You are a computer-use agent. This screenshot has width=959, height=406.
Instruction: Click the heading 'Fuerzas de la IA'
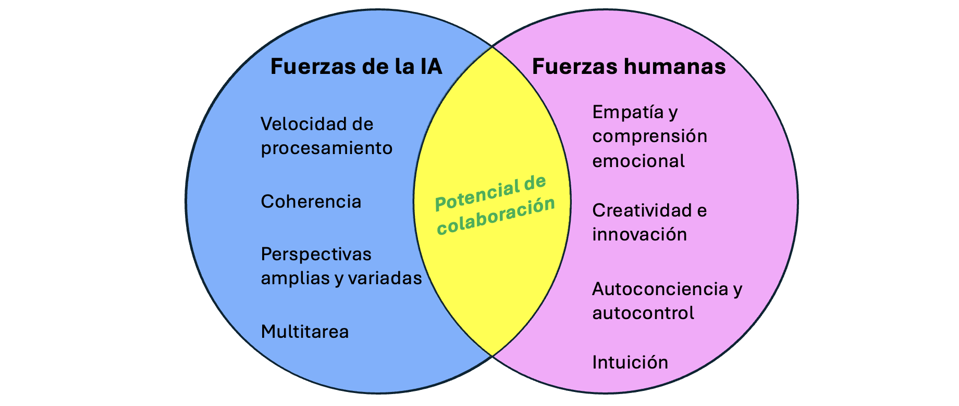356,67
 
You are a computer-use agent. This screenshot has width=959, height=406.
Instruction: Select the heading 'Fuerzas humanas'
629,67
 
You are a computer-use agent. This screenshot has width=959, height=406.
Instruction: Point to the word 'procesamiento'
326,148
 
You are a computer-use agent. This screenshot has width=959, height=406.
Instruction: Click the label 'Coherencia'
311,201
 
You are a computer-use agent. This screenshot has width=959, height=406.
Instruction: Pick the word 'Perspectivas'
316,254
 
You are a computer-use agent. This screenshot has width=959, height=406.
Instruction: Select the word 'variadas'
385,278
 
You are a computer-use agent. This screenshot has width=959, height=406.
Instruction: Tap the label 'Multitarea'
305,332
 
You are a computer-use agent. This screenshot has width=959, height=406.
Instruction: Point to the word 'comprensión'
650,136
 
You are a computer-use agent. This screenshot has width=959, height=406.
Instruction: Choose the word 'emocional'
638,161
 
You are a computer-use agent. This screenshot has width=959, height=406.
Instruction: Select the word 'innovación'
640,235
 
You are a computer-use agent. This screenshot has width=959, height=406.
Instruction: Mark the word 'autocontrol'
643,313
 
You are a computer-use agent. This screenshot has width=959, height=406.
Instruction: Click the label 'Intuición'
630,362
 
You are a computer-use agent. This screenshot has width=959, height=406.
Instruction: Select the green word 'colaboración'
496,216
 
